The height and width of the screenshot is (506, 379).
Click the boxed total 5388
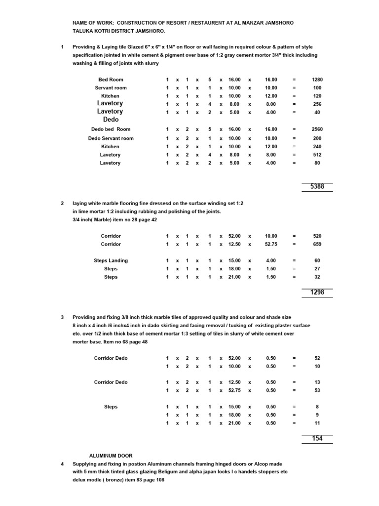coord(317,187)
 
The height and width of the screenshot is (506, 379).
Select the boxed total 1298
coord(317,293)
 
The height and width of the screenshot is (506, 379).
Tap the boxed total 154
coord(317,438)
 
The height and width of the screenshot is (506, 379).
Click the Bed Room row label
coord(111,80)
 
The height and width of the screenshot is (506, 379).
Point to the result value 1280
coord(317,80)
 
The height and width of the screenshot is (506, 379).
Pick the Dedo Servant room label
coord(111,138)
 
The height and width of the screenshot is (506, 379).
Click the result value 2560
coord(317,129)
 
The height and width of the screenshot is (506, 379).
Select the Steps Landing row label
coord(111,260)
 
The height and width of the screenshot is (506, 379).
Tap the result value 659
coord(317,244)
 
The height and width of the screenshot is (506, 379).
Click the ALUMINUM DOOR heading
coord(111,456)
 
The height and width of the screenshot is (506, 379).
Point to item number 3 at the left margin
coord(62,317)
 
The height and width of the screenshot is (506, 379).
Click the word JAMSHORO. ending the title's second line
coord(138,31)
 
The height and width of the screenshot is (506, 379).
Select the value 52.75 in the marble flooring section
coord(271,244)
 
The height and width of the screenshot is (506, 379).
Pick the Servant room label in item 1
coord(111,88)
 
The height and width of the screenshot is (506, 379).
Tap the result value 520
coord(317,236)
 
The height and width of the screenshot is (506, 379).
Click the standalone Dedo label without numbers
coord(111,120)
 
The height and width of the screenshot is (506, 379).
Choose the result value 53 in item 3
coord(317,390)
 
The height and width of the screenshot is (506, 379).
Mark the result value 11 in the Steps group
coord(317,423)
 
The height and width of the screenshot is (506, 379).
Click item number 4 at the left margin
coord(62,464)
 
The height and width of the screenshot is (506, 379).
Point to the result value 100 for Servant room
coord(317,88)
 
